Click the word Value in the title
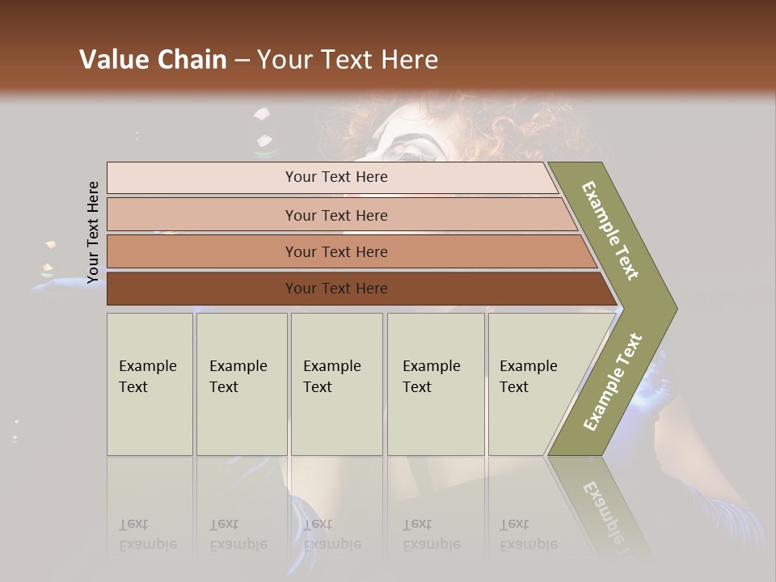113,60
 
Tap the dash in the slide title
242,61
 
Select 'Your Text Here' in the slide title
348,60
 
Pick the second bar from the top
335,215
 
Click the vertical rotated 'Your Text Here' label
93,232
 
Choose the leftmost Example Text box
150,384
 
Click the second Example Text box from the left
241,384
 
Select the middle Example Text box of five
336,384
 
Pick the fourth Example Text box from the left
435,384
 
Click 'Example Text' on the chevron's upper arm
610,230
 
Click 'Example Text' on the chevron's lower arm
613,382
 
